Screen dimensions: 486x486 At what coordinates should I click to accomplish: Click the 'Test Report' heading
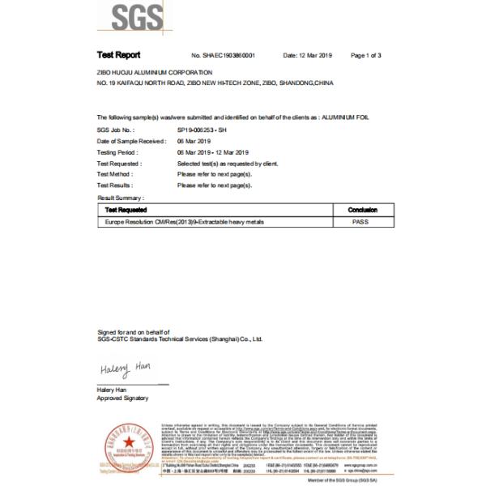coord(118,55)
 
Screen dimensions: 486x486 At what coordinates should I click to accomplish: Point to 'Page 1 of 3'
coord(366,55)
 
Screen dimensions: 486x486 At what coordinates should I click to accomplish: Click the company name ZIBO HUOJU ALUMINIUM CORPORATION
coord(154,72)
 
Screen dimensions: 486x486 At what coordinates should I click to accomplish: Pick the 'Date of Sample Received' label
coord(130,141)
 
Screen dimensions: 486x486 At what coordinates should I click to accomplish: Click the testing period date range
coord(213,151)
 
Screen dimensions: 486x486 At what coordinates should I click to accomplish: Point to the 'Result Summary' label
coord(121,198)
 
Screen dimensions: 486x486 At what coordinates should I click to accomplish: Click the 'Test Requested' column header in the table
coord(126,210)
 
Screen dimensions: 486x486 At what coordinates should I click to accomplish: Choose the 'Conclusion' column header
coord(362,210)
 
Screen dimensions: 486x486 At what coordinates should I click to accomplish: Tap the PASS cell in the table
coord(362,221)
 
